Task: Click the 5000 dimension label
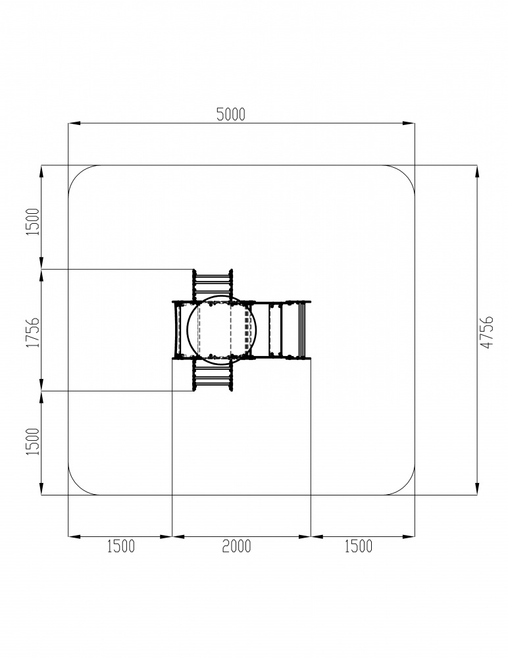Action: pyautogui.click(x=230, y=114)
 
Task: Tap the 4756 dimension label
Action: pyautogui.click(x=487, y=332)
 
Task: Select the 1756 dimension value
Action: pyautogui.click(x=33, y=332)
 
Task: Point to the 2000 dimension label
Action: pyautogui.click(x=236, y=546)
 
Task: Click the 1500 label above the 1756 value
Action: pyautogui.click(x=33, y=222)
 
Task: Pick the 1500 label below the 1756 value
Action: pyautogui.click(x=33, y=441)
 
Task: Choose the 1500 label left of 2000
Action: pyautogui.click(x=121, y=546)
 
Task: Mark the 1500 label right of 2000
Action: pyautogui.click(x=358, y=546)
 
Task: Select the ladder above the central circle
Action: pyautogui.click(x=213, y=284)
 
